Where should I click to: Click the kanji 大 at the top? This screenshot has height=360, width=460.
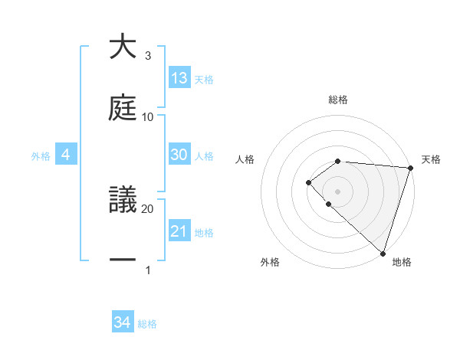tap(123, 47)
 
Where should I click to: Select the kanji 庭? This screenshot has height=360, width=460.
tap(123, 108)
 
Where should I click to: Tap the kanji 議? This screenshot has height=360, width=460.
tap(123, 200)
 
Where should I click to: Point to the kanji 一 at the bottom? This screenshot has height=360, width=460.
tap(123, 261)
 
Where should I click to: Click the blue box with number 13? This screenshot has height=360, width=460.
tap(179, 78)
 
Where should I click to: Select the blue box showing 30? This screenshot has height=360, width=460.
tap(179, 155)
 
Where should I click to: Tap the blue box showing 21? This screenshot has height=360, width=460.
tap(179, 231)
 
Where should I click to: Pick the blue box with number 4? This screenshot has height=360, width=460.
tap(66, 155)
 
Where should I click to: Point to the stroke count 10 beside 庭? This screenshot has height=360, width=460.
tap(148, 117)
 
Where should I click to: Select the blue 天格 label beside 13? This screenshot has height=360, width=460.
tap(204, 80)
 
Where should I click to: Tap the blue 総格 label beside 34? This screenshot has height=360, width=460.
tap(148, 325)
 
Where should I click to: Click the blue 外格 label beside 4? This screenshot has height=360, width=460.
tap(41, 156)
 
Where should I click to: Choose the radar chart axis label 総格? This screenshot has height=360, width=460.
tap(338, 100)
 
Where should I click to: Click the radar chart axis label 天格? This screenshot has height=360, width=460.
tap(431, 159)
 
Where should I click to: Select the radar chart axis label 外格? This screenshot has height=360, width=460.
tap(270, 263)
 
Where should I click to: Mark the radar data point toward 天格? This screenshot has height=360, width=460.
tap(410, 168)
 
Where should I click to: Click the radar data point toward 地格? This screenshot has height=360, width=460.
tap(383, 253)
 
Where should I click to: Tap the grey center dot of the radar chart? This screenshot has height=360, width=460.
tap(338, 191)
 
